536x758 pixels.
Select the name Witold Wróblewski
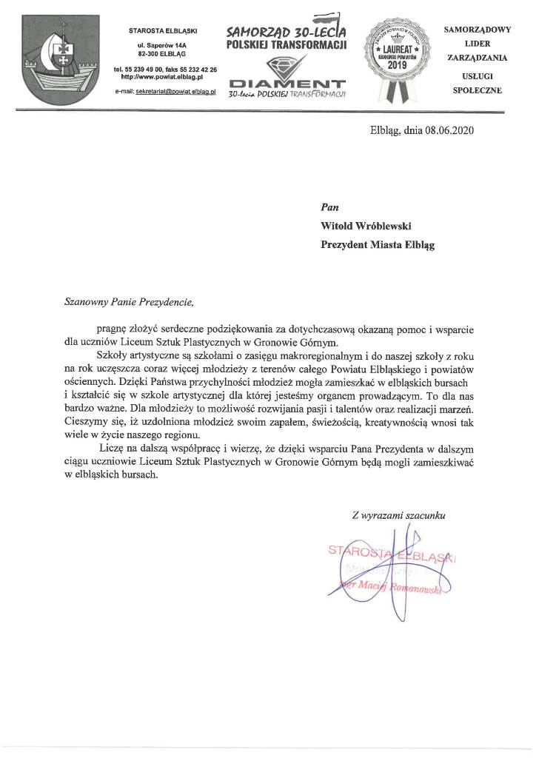coord(359,229)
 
